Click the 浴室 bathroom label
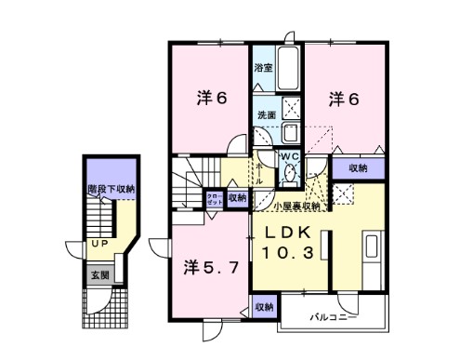click(264, 68)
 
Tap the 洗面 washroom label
click(266, 115)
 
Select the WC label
click(288, 156)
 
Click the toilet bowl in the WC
click(289, 172)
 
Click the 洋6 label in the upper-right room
click(342, 96)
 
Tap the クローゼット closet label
click(212, 199)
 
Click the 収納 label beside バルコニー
click(264, 306)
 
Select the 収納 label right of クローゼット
click(236, 198)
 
